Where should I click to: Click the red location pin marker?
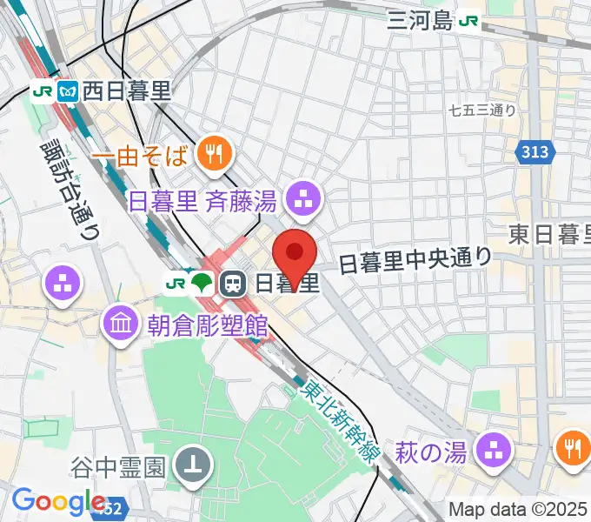click(295, 255)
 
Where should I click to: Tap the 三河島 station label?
click(421, 20)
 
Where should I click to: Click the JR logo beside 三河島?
click(470, 20)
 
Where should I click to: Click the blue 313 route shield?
click(535, 153)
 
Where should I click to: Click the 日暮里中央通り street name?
click(415, 258)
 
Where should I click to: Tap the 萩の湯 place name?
click(432, 452)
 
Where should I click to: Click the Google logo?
click(59, 502)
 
